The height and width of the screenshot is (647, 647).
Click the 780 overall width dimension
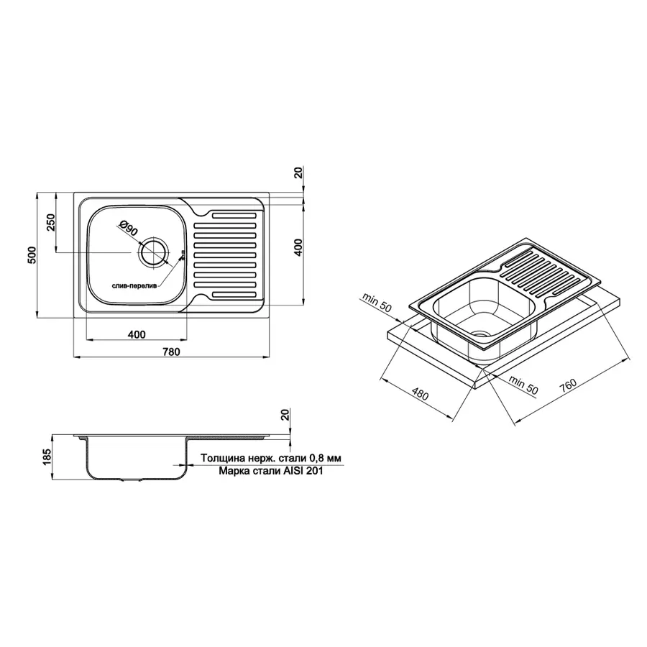point(170,352)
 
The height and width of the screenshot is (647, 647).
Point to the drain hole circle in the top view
point(153,253)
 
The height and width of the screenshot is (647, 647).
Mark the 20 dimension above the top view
point(299,173)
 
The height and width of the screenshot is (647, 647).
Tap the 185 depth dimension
point(47,456)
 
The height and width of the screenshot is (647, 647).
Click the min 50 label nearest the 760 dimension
point(523,384)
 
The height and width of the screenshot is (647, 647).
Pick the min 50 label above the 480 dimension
point(378,301)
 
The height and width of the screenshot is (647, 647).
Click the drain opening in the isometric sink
point(477,334)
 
